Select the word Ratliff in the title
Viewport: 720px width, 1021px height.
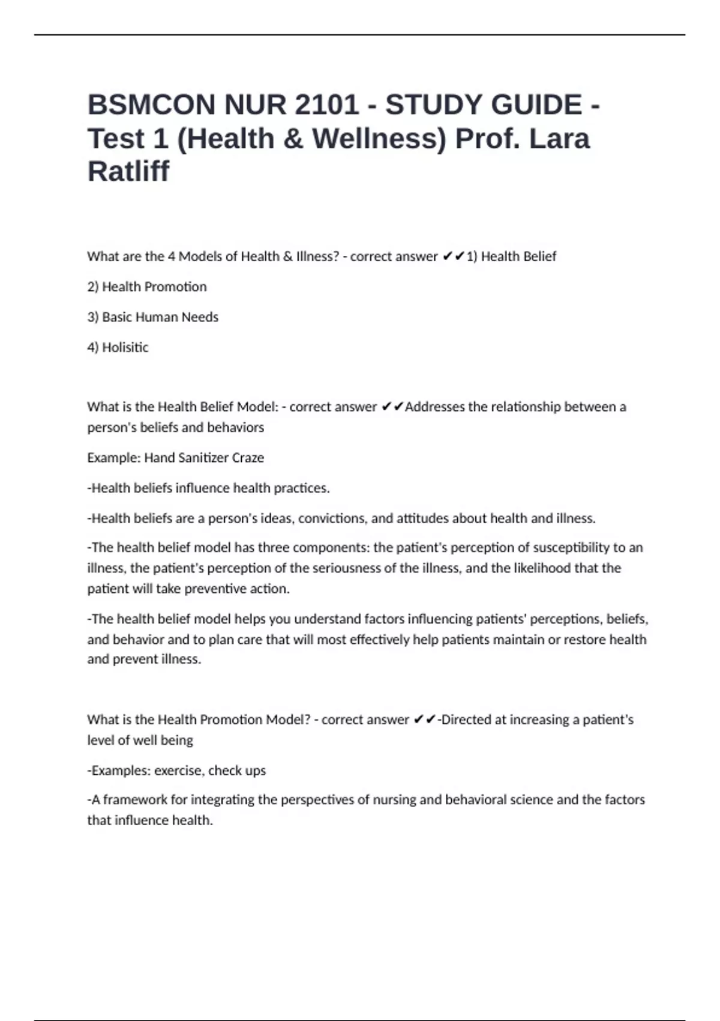pyautogui.click(x=128, y=171)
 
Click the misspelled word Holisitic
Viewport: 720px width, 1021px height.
pyautogui.click(x=125, y=347)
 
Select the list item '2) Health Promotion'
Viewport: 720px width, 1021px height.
pyautogui.click(x=147, y=286)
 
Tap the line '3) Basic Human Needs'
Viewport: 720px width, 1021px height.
pyautogui.click(x=153, y=317)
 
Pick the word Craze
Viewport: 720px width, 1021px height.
pyautogui.click(x=248, y=458)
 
